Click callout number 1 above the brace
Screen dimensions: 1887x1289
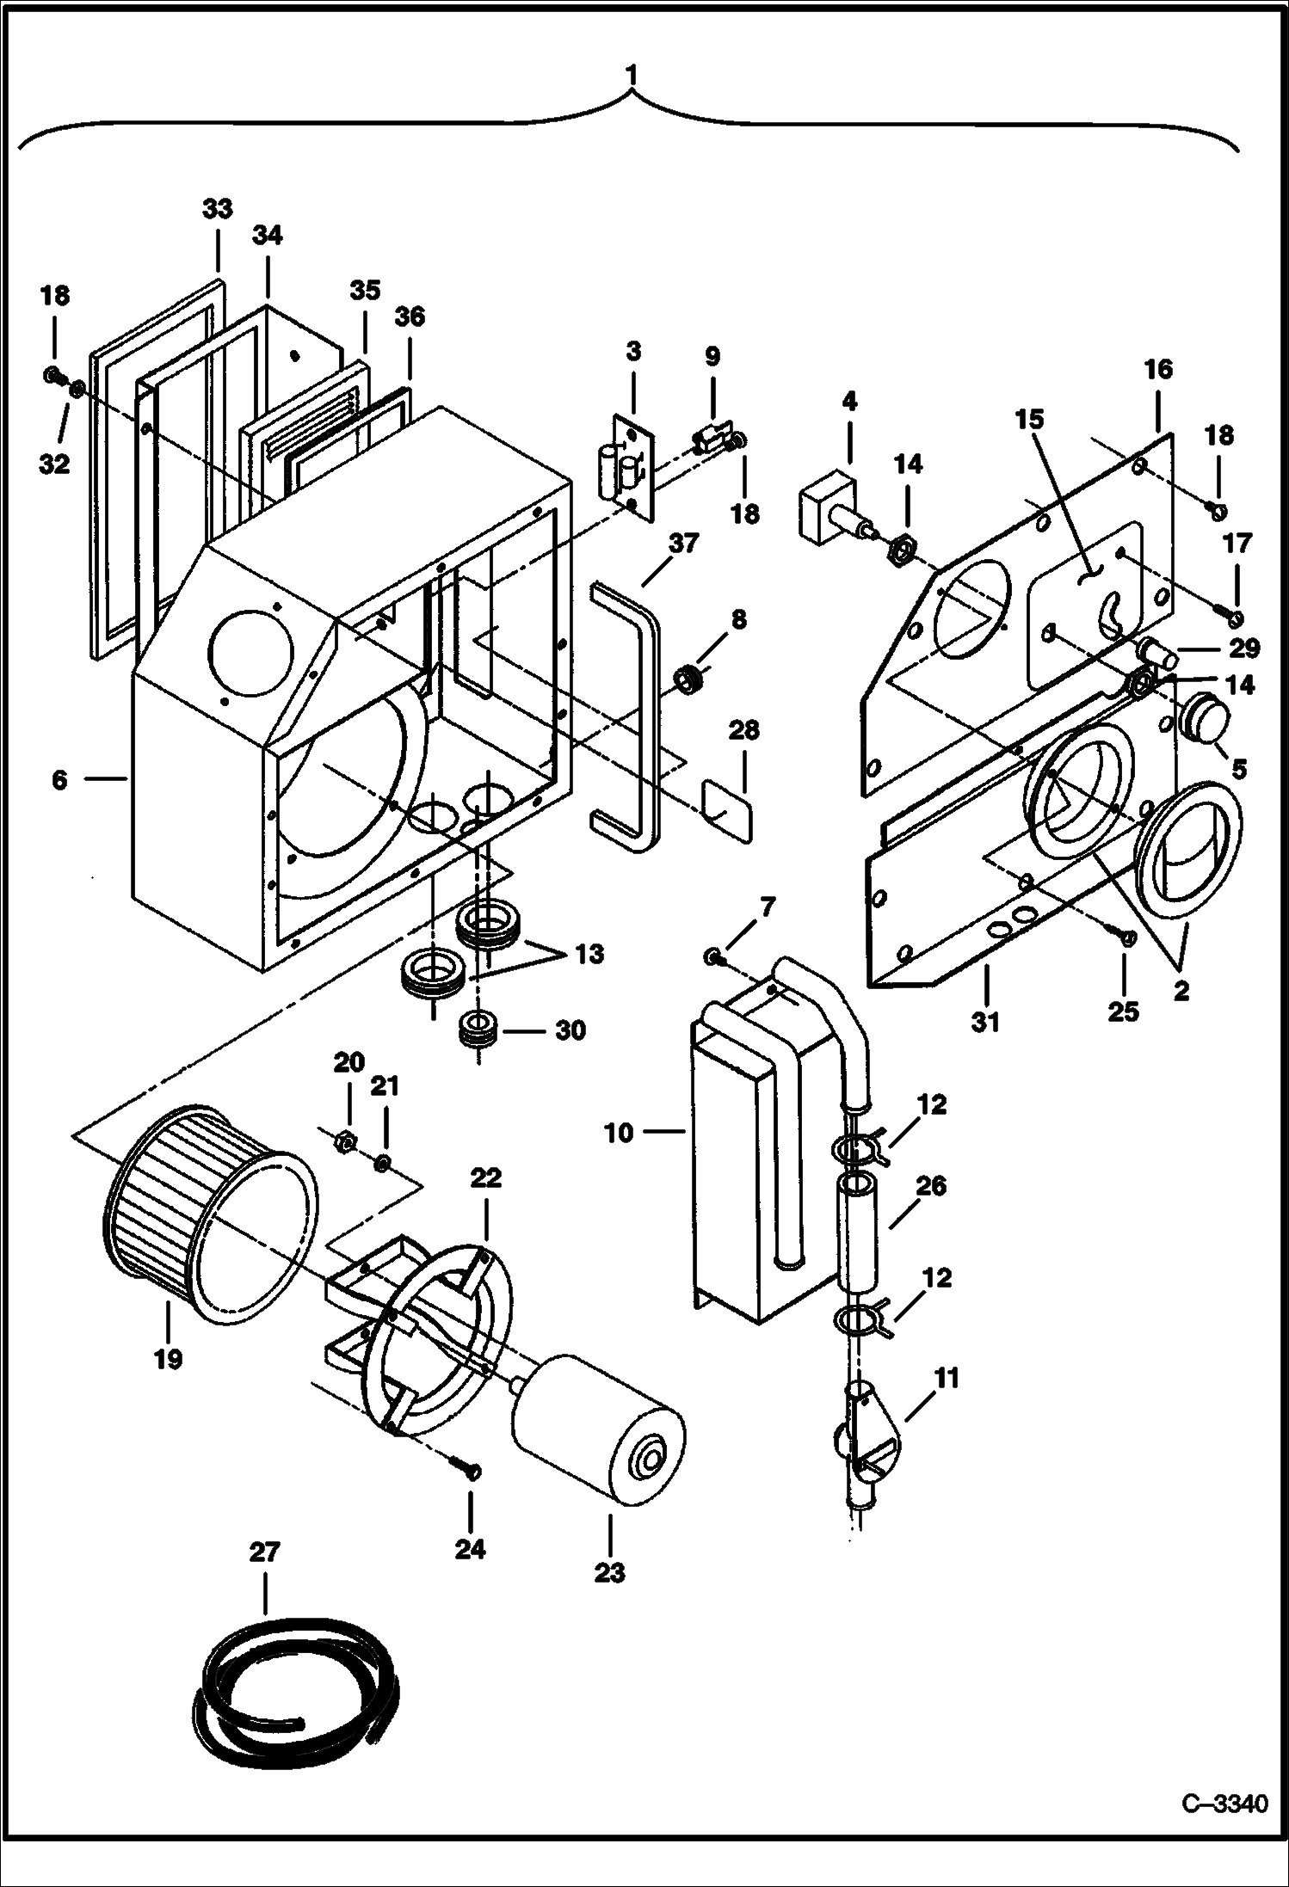(632, 76)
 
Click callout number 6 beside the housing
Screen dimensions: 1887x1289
(59, 779)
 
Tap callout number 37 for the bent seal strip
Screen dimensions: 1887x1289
(684, 544)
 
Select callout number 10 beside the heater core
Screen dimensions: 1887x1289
(618, 1133)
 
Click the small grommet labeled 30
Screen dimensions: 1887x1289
(478, 1030)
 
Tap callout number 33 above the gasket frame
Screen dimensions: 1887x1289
(218, 209)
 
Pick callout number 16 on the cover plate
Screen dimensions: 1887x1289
(1157, 370)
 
